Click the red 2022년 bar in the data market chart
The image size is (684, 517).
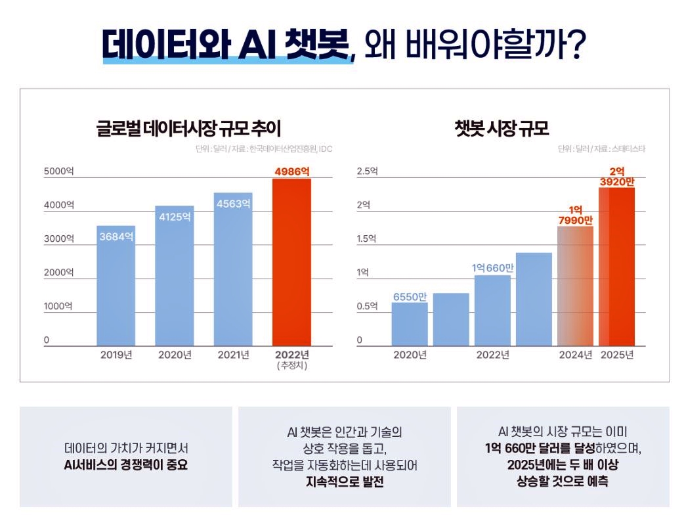[x=291, y=263]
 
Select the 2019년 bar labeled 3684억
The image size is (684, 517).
[x=116, y=289]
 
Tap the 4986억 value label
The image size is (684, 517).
[x=291, y=171]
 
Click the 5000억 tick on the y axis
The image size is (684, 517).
[x=59, y=171]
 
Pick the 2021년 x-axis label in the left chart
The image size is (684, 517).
[x=234, y=355]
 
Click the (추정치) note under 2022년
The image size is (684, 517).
[x=292, y=366]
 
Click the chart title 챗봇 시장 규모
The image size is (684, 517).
[x=502, y=127]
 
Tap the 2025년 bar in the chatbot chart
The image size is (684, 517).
[x=617, y=269]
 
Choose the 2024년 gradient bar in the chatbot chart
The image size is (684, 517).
[x=575, y=286]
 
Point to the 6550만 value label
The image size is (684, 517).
[x=410, y=296]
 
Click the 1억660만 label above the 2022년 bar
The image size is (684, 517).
[x=492, y=268]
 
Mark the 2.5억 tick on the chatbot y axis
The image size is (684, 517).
[x=368, y=171]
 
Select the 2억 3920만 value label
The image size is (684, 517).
[x=618, y=177]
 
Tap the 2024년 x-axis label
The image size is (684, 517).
[x=576, y=355]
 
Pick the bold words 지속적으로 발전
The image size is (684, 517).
[x=345, y=482]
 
